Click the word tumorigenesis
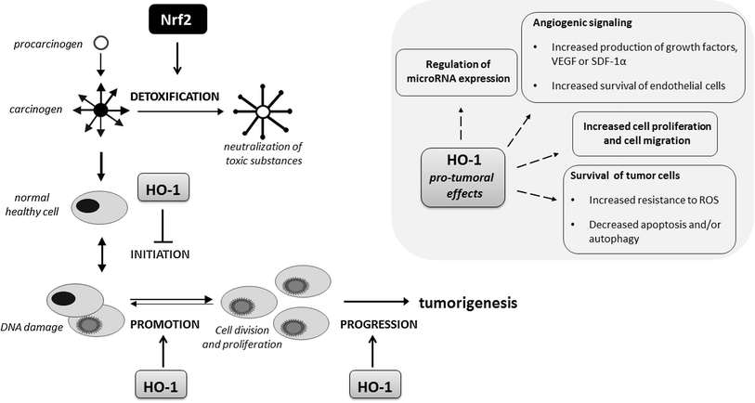[467, 303]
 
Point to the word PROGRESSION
[378, 325]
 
